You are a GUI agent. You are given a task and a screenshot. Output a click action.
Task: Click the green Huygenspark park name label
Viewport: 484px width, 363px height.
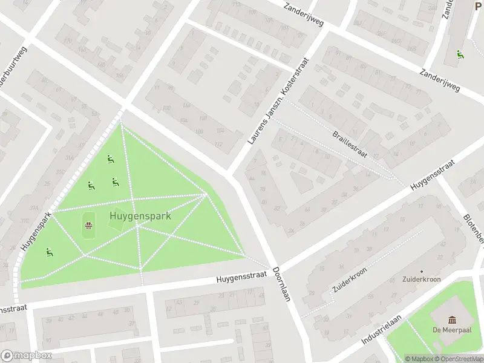click(140, 215)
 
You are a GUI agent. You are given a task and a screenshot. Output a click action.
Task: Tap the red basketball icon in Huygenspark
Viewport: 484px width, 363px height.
click(88, 226)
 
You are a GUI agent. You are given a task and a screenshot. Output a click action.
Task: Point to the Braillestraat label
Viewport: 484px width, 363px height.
click(350, 144)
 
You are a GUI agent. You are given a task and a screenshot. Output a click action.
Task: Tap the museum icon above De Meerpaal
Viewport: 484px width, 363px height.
click(452, 319)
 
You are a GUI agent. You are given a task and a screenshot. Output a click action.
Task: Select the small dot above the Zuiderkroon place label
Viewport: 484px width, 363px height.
click(421, 272)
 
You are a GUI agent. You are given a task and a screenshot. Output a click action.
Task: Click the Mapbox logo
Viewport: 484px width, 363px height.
click(26, 356)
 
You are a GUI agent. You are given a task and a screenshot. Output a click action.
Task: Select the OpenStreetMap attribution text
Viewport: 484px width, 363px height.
click(459, 359)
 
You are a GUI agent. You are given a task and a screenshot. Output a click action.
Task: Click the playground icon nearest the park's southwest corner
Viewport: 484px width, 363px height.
click(48, 252)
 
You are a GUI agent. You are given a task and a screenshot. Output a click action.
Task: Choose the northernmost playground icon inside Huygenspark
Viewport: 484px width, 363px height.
click(110, 159)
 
